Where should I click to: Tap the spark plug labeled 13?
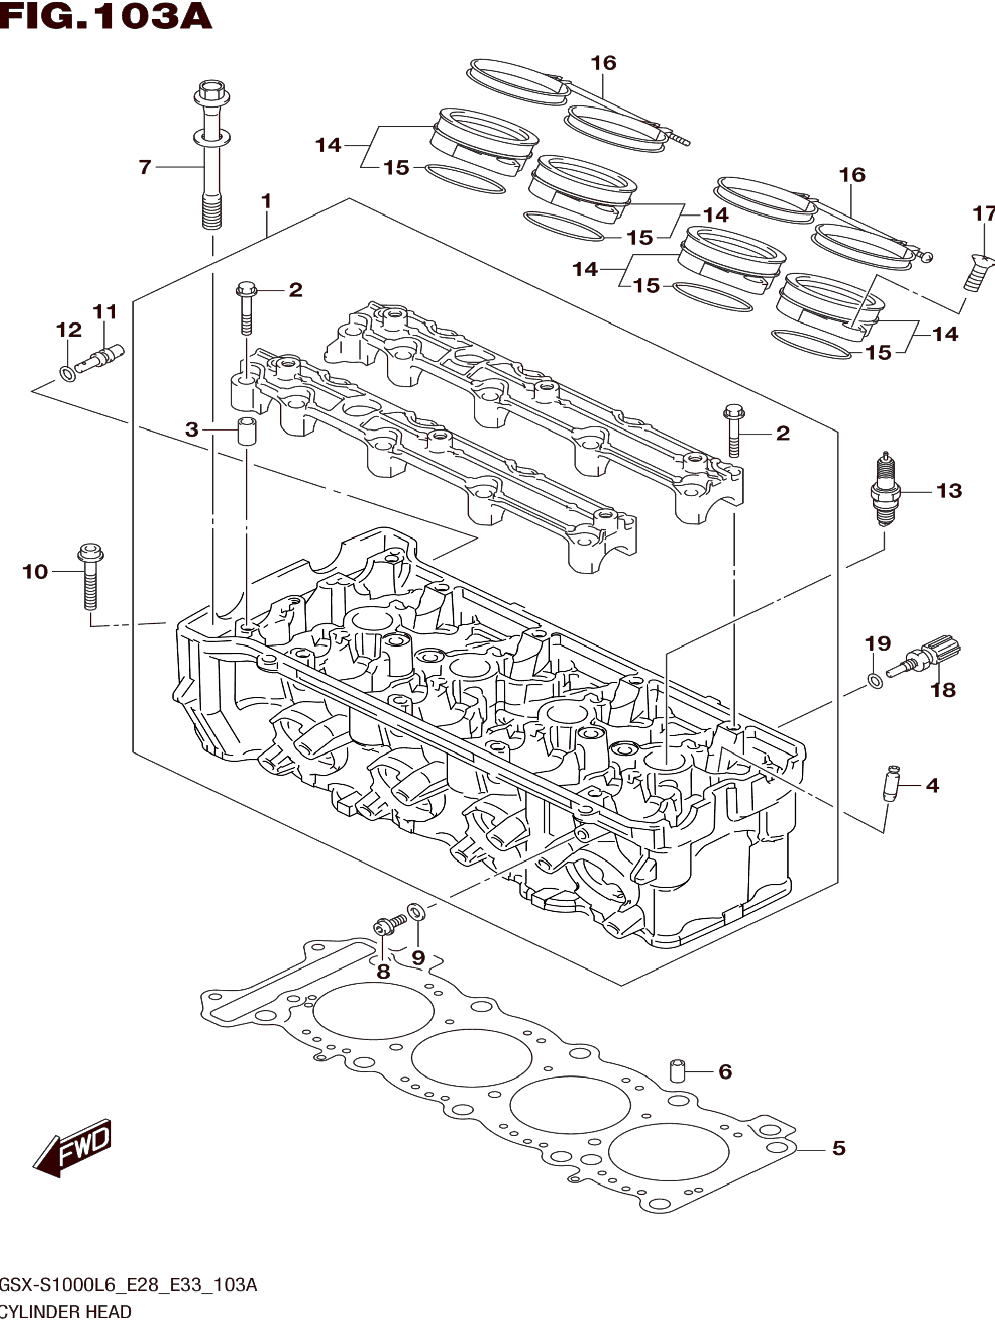(x=884, y=490)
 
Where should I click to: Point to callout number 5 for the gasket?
(x=839, y=1148)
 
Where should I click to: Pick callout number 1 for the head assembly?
(x=267, y=201)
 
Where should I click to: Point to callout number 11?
(x=105, y=311)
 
